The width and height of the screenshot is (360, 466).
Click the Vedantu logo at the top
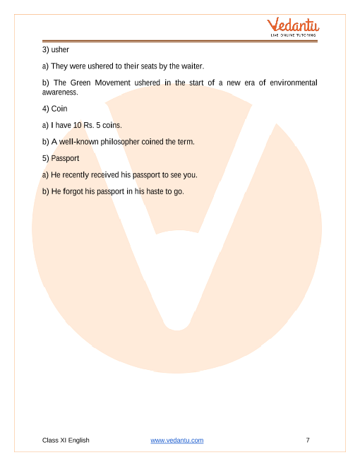tap(294, 27)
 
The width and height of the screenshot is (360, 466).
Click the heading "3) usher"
tap(55, 49)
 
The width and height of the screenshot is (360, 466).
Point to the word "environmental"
tap(290, 83)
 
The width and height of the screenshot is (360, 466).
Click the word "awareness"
tap(59, 92)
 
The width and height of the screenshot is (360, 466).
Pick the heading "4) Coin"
tap(55, 109)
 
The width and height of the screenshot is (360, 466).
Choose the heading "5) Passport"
tap(61, 158)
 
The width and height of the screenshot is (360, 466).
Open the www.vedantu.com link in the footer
tap(177, 440)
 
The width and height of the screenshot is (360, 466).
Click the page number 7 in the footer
tap(308, 440)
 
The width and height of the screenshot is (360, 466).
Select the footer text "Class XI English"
tap(66, 440)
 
